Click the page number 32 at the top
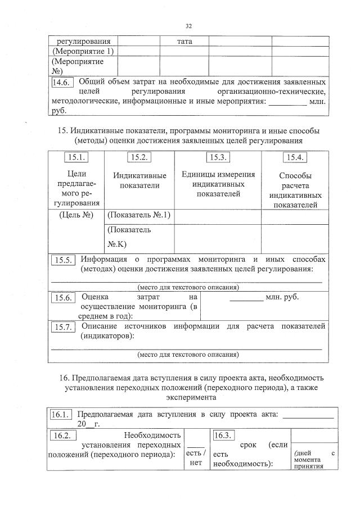pos(188,26)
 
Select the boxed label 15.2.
pos(138,157)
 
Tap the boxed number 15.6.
pos(64,298)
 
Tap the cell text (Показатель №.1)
pos(138,215)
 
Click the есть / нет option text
pos(196,458)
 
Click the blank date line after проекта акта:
pos(308,416)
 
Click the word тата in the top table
pos(184,41)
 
